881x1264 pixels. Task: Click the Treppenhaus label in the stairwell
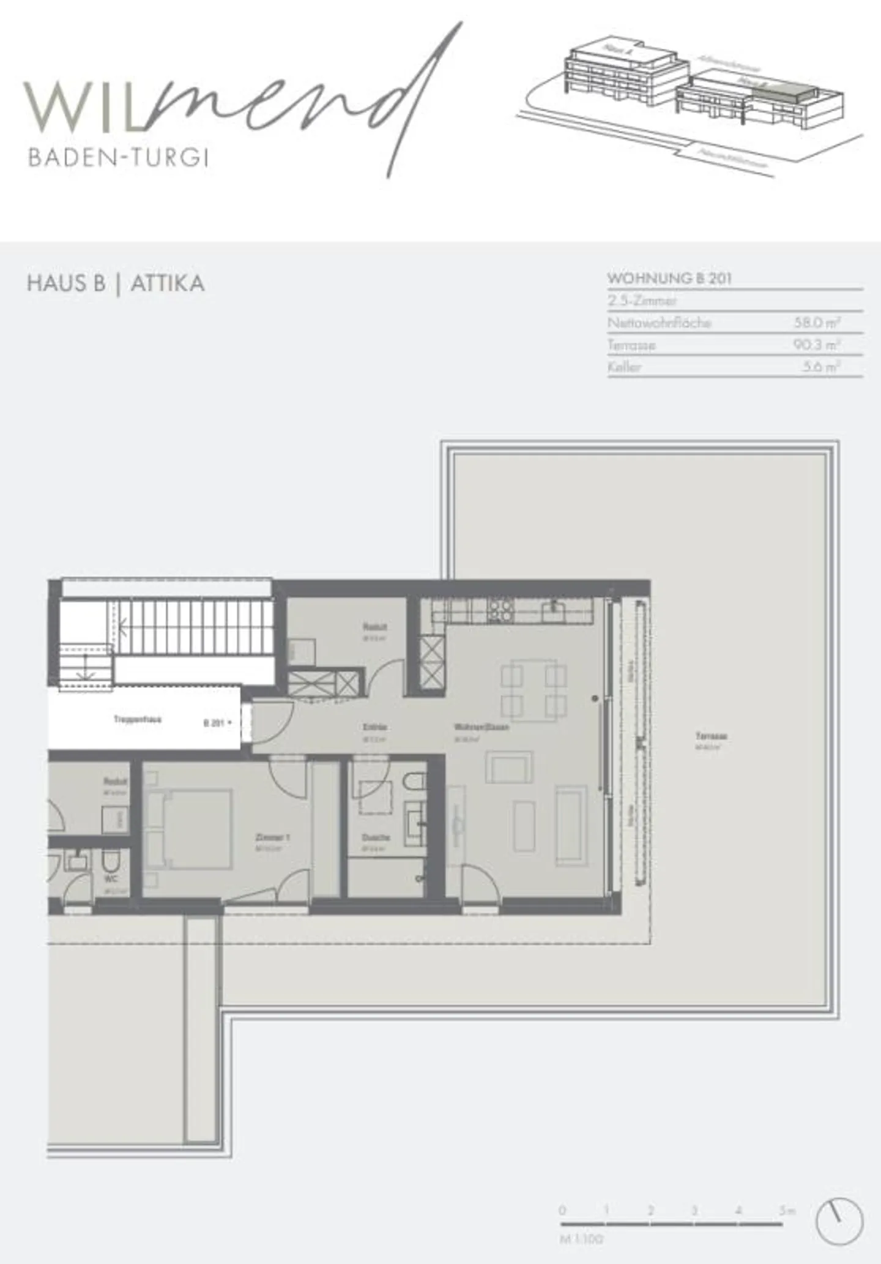tap(138, 720)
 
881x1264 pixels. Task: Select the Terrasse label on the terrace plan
tap(711, 736)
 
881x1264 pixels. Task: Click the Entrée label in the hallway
tap(374, 727)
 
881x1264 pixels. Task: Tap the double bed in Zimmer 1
tap(190, 829)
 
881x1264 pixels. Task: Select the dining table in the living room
tap(534, 688)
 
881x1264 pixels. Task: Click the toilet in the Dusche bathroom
tap(415, 782)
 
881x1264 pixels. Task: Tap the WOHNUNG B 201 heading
tap(669, 279)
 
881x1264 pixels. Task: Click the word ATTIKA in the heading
tap(167, 283)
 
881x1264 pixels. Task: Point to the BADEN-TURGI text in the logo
tap(119, 158)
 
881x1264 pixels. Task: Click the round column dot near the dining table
tap(595, 698)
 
